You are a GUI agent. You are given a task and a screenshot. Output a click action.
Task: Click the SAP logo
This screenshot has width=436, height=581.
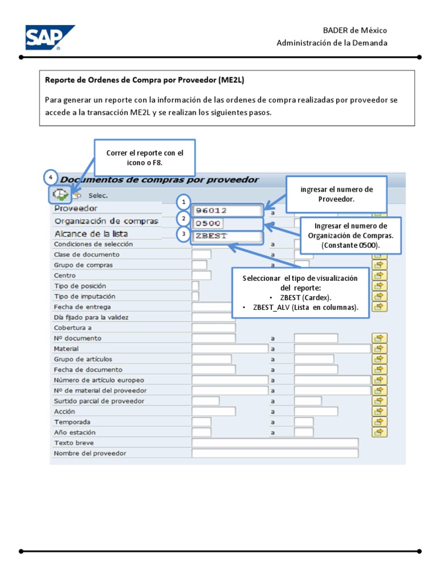(49, 37)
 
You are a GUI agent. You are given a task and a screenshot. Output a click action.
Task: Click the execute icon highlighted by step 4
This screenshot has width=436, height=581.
(59, 195)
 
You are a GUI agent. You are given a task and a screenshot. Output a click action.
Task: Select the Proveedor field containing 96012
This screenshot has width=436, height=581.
(227, 210)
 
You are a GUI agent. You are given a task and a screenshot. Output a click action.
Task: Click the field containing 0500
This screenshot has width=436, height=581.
(227, 223)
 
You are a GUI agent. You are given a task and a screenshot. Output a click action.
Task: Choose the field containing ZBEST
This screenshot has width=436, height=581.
(227, 235)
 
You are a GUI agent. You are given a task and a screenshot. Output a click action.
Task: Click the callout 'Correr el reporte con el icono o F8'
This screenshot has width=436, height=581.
(145, 157)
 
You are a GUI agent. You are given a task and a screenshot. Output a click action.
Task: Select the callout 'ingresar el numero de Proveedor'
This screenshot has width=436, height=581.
(337, 194)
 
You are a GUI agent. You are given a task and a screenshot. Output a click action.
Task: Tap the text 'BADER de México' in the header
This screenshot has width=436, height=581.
(355, 31)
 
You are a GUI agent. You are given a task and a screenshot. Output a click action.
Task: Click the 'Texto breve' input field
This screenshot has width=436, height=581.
(275, 443)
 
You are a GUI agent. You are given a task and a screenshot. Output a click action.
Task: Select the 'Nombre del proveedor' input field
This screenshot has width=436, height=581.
(275, 453)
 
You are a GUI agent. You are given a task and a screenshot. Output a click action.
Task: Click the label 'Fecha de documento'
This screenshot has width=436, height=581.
(88, 369)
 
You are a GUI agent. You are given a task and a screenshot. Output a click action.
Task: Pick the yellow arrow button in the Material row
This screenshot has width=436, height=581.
(379, 348)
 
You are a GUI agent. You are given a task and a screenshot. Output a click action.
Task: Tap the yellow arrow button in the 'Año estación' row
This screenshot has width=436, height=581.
(379, 432)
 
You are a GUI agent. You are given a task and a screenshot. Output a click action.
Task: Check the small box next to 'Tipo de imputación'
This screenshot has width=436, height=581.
(195, 296)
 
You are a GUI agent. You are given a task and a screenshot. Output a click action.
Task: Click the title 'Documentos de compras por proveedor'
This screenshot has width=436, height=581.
(160, 180)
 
